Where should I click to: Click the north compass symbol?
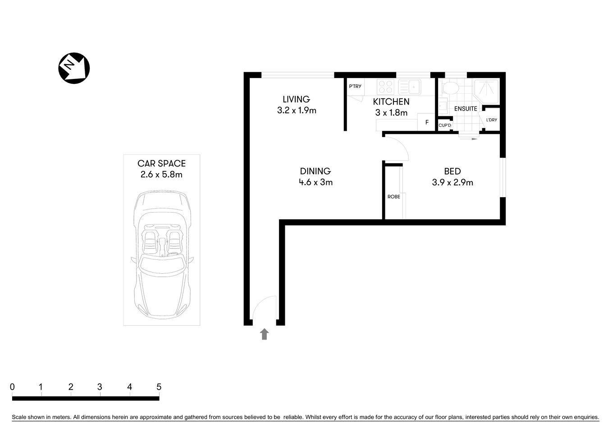[74, 68]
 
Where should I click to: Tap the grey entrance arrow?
[265, 334]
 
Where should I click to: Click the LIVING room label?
[296, 99]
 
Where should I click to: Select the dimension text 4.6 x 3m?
[315, 182]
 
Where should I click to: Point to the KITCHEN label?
[391, 102]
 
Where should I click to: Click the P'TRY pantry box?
[355, 87]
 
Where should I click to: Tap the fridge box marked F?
[426, 122]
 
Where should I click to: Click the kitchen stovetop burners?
[385, 86]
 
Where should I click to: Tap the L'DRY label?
[491, 120]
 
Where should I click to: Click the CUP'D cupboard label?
[444, 125]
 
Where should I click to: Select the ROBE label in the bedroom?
[393, 197]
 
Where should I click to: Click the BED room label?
[452, 171]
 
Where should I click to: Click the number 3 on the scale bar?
[100, 387]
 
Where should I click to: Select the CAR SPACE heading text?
[161, 164]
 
